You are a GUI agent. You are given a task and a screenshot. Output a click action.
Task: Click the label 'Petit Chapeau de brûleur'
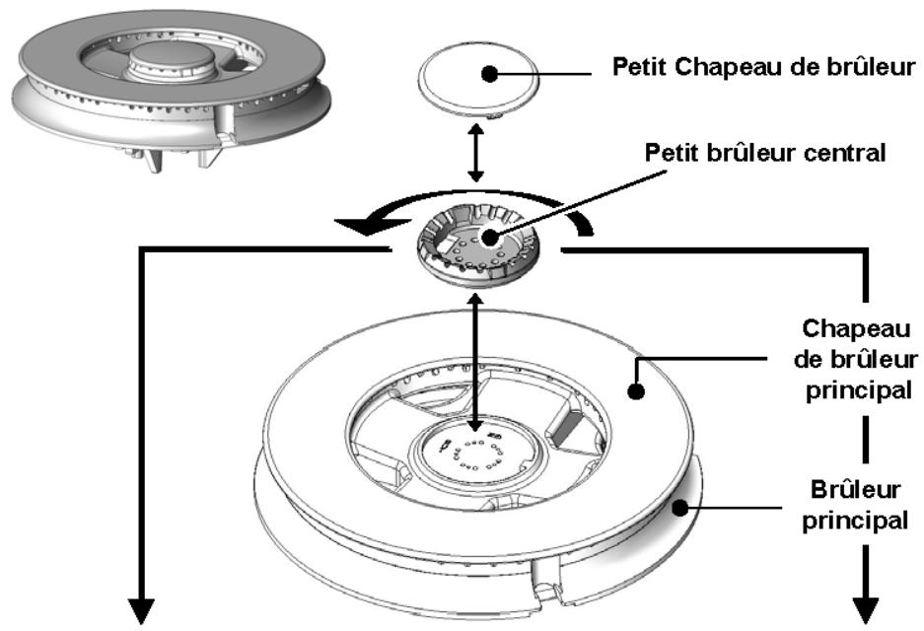click(764, 67)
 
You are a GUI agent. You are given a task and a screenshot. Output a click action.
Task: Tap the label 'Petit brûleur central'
click(765, 153)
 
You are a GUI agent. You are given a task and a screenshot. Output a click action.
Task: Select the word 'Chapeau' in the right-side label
click(856, 328)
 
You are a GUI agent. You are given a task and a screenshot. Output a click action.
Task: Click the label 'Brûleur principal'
click(855, 505)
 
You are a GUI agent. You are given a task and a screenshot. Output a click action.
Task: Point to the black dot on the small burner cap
click(489, 74)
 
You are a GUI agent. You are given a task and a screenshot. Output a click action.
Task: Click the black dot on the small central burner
click(489, 238)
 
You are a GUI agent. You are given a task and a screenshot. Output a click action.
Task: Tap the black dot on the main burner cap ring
click(636, 391)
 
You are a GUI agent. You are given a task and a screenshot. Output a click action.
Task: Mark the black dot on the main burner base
click(680, 507)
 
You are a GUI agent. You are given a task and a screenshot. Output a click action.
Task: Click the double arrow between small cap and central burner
click(475, 153)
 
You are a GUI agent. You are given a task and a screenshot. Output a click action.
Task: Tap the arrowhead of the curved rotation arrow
click(368, 226)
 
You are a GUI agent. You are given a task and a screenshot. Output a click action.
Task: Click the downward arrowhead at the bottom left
click(141, 611)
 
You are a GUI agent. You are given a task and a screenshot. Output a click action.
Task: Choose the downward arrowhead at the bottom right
click(866, 610)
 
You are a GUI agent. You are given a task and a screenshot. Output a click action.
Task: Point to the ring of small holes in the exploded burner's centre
click(475, 455)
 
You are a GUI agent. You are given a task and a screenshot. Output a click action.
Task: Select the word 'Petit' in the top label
click(641, 67)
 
